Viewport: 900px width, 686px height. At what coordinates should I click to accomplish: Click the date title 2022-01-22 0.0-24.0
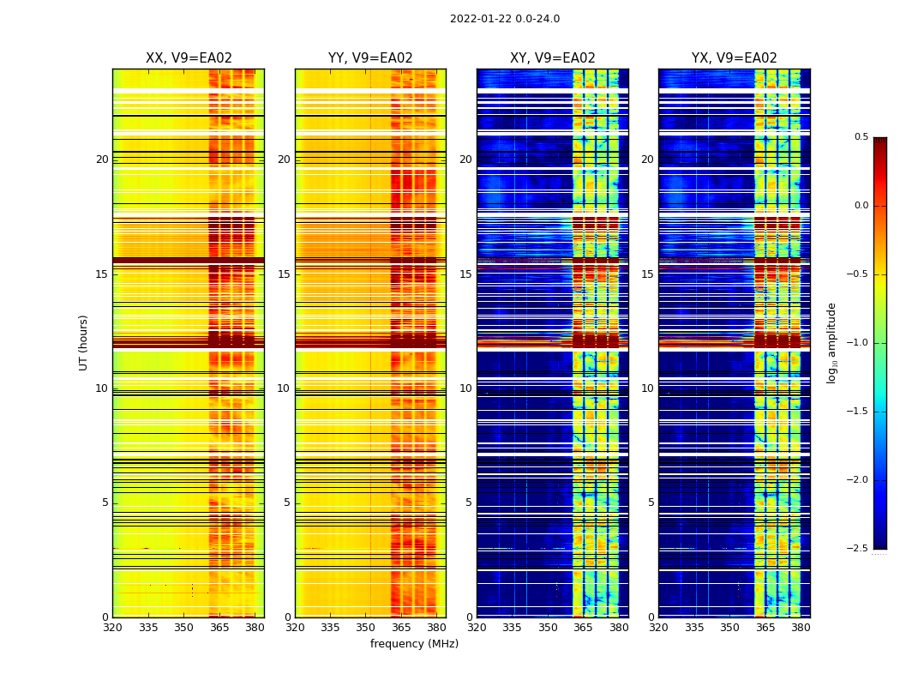[x=505, y=19]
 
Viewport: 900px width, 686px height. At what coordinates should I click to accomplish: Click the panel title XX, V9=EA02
[x=189, y=58]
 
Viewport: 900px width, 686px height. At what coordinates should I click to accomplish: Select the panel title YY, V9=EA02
[x=370, y=58]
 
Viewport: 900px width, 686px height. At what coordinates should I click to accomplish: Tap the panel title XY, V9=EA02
[x=552, y=58]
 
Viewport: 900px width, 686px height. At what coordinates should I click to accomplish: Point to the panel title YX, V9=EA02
[x=734, y=58]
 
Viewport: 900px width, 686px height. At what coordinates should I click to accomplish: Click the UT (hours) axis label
[x=84, y=342]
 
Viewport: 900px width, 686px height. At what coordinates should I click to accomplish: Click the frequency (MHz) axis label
[x=414, y=644]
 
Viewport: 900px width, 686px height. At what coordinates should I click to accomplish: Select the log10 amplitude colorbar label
[x=831, y=342]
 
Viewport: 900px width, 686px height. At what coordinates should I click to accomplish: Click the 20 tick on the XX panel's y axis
[x=102, y=159]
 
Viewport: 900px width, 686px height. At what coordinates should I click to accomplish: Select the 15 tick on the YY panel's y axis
[x=285, y=274]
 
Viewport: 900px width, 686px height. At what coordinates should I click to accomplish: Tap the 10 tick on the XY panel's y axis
[x=465, y=388]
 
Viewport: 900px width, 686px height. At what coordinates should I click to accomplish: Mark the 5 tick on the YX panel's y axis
[x=651, y=502]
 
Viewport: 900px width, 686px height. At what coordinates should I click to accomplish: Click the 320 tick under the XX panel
[x=112, y=628]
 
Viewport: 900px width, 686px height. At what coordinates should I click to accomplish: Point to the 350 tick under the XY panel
[x=548, y=628]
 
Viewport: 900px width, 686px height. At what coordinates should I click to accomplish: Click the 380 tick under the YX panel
[x=801, y=628]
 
